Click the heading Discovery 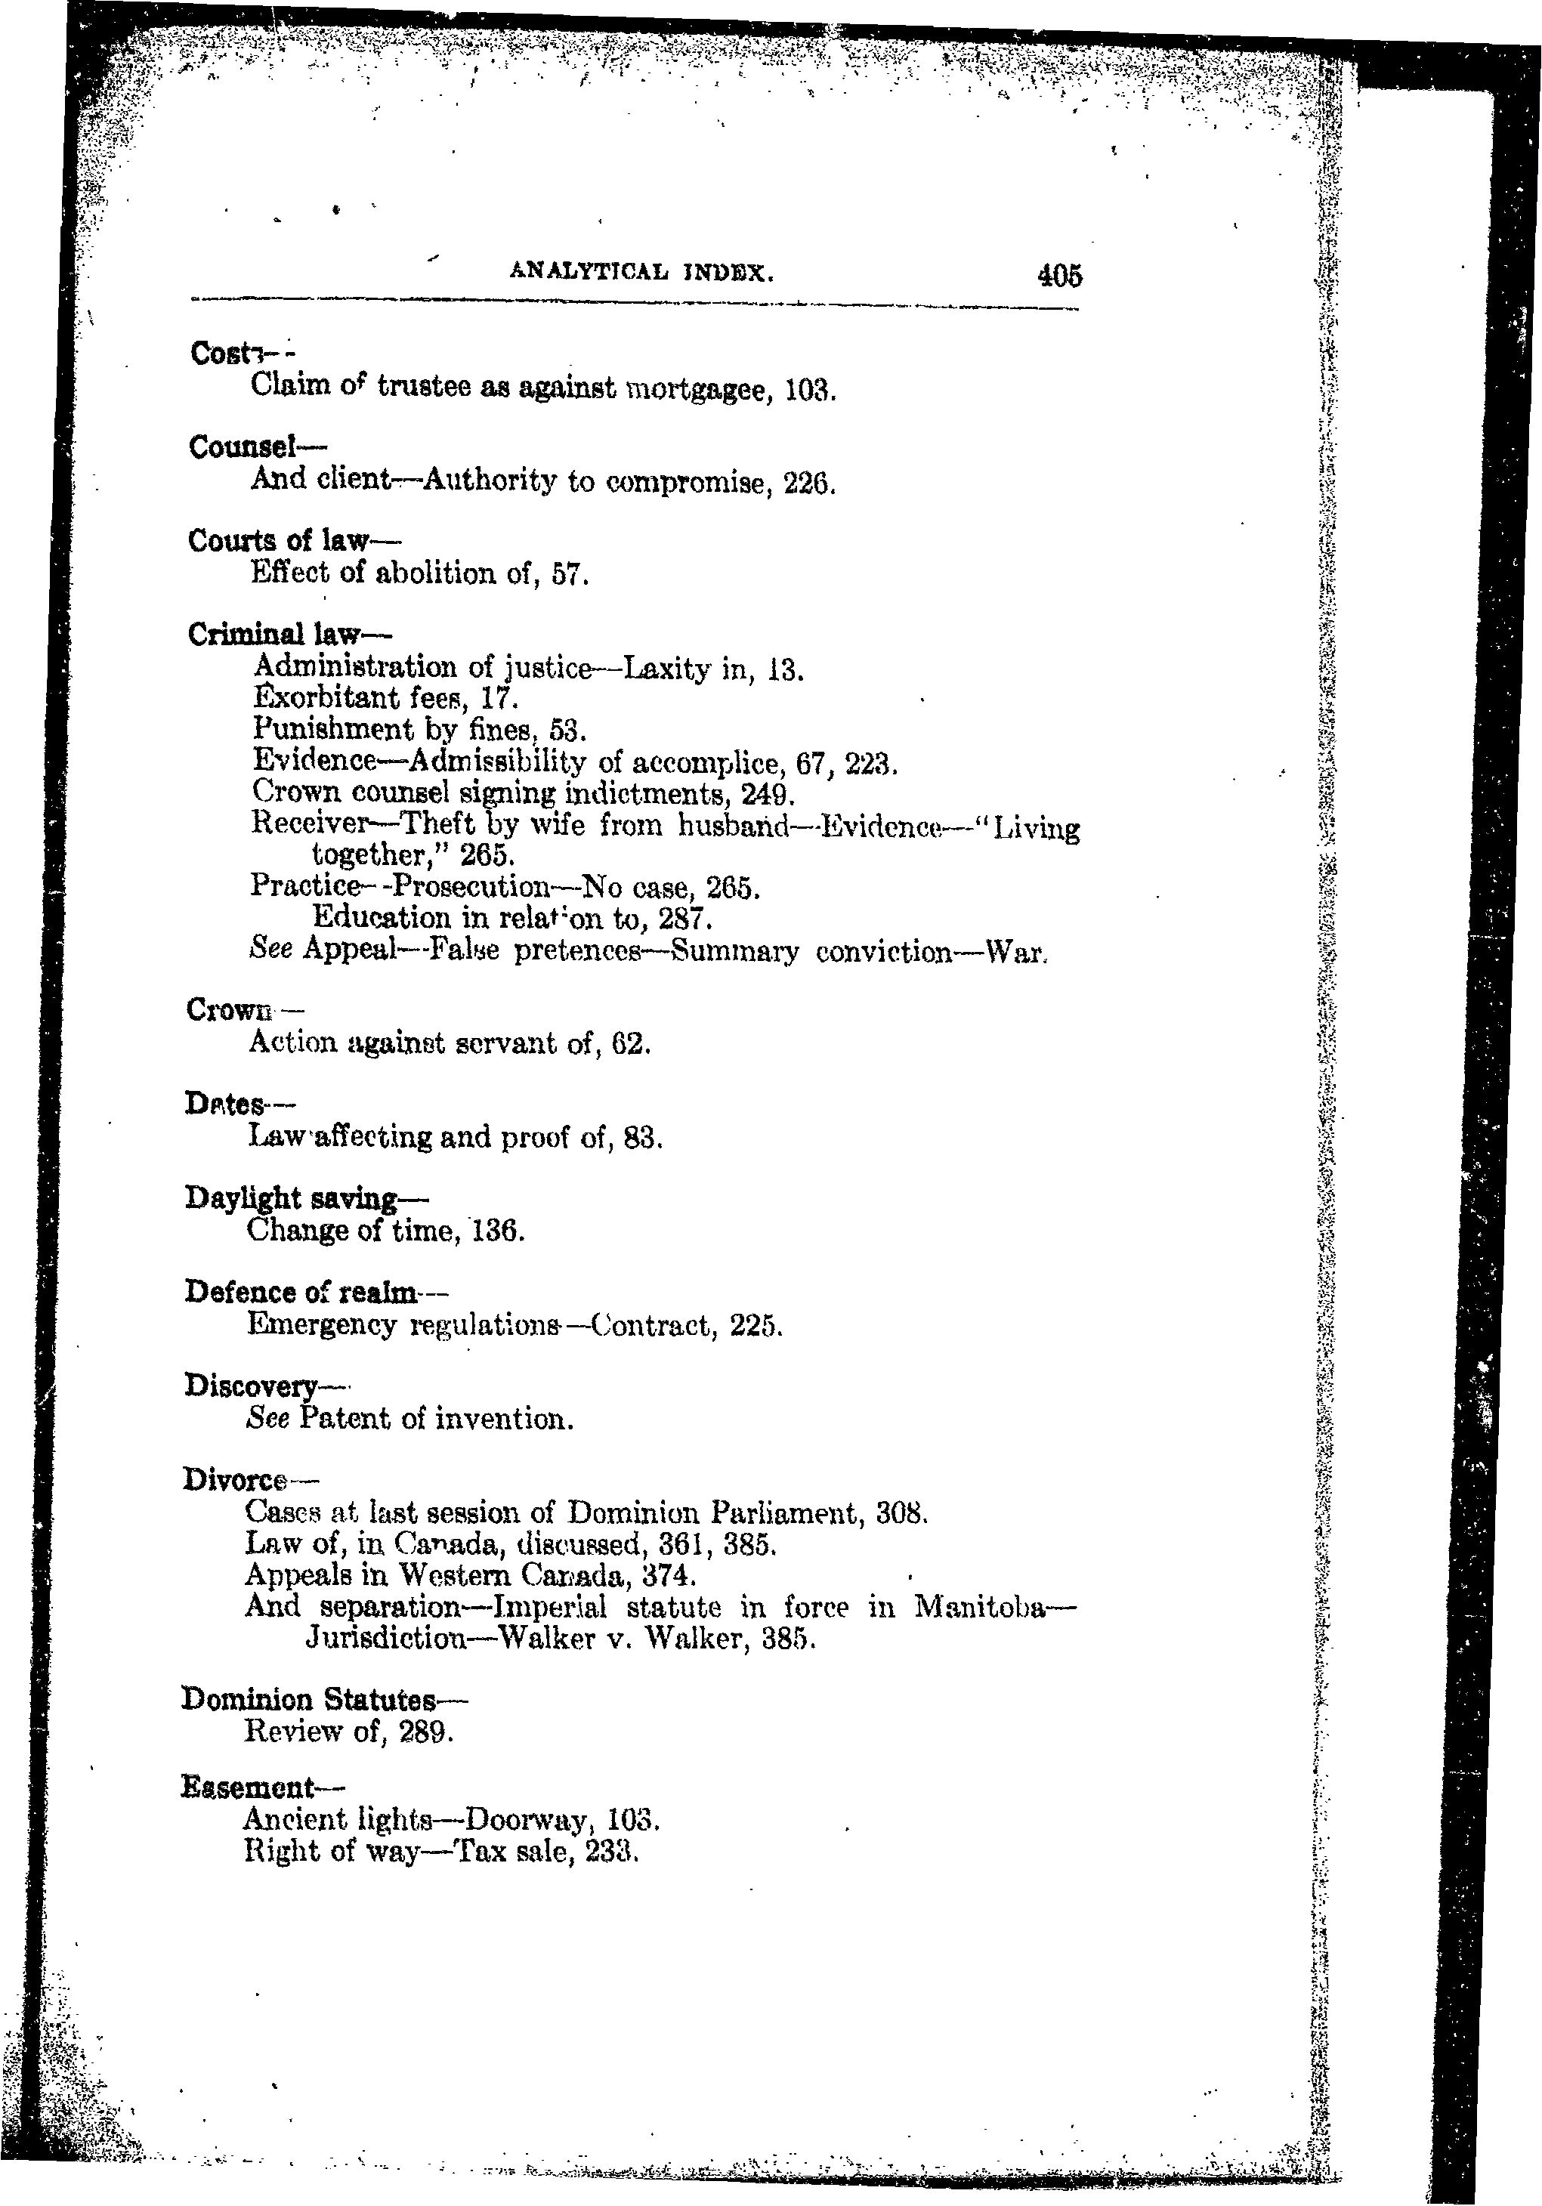pos(251,1386)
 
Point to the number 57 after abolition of pos(568,575)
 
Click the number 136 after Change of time pos(496,1231)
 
